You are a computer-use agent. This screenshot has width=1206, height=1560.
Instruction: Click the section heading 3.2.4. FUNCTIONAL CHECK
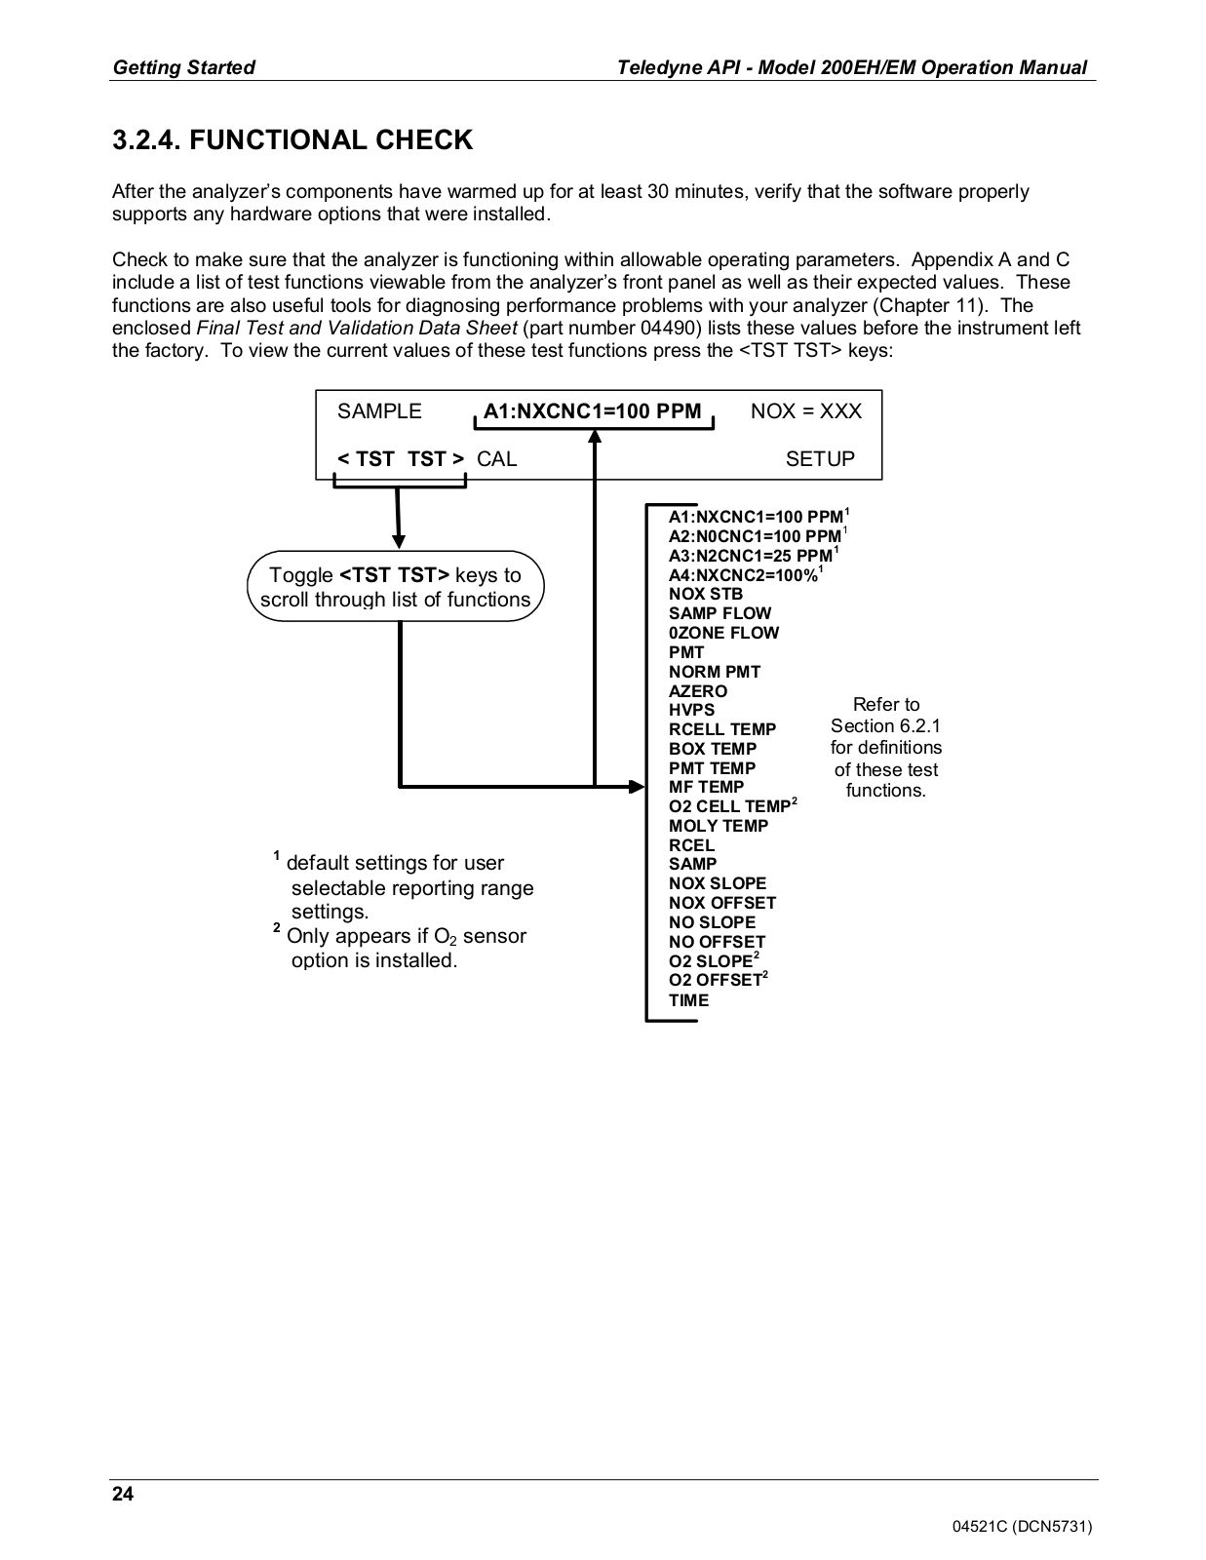(x=292, y=140)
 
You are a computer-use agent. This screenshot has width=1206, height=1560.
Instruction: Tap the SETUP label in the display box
(x=820, y=459)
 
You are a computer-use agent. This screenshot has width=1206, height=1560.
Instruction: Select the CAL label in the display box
(x=497, y=459)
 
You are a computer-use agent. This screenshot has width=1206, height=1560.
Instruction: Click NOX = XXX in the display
(x=806, y=411)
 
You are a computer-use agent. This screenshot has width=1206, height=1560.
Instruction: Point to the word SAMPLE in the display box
(x=379, y=411)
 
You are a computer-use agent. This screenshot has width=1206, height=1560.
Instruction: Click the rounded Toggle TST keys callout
(x=395, y=588)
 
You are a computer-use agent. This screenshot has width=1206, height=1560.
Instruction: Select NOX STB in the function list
(x=706, y=594)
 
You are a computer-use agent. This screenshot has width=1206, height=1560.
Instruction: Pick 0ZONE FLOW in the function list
(x=723, y=633)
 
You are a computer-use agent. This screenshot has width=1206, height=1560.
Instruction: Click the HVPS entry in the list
(x=691, y=710)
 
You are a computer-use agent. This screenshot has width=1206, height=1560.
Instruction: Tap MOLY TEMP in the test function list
(x=719, y=826)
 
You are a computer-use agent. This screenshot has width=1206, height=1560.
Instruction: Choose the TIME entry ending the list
(x=688, y=1000)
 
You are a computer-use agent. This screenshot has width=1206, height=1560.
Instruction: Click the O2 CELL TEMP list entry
(x=729, y=806)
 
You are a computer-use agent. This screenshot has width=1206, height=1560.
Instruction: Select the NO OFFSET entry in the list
(x=717, y=942)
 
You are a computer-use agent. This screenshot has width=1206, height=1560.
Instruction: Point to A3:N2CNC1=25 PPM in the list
(x=751, y=556)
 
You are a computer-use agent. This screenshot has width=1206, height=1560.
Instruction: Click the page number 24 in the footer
(x=124, y=1495)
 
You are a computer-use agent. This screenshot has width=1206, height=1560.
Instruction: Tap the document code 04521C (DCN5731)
(x=1022, y=1527)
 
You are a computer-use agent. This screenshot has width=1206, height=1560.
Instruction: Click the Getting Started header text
(x=184, y=67)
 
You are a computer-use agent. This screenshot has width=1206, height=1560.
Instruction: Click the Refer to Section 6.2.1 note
(x=885, y=747)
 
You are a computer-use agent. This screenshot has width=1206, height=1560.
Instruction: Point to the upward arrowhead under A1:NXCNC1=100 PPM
(x=595, y=436)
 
